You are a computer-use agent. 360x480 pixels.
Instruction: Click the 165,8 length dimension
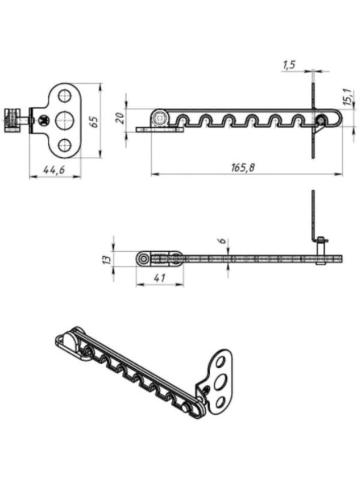point(243,167)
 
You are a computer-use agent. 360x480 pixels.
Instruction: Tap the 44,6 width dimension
point(54,169)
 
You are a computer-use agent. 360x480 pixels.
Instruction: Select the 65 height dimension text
point(94,122)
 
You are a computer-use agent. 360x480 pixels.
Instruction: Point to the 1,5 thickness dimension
point(289,65)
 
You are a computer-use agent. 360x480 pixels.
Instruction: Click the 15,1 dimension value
point(347,97)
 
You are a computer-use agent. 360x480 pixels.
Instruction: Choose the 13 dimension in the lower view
point(107,259)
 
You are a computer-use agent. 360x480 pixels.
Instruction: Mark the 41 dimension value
point(160,278)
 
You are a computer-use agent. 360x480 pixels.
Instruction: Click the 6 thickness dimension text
point(223,241)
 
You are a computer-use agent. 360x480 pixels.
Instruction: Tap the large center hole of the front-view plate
point(64,121)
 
